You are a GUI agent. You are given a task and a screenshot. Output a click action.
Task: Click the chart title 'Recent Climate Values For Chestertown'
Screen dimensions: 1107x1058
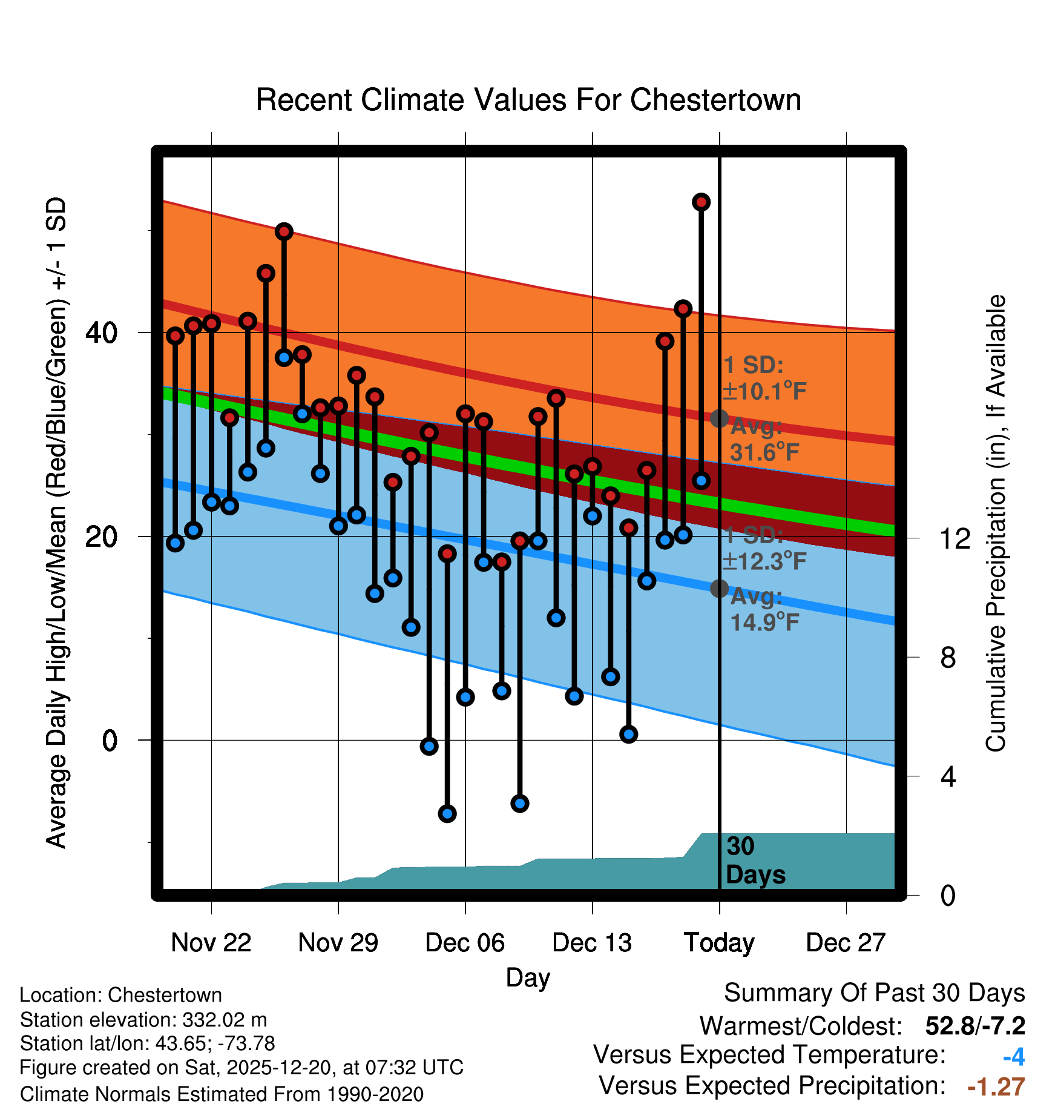[x=528, y=100]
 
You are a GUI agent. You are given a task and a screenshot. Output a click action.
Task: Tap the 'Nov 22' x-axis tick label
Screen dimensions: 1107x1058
[x=211, y=943]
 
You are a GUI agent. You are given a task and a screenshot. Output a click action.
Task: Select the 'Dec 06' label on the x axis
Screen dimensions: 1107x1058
[x=465, y=943]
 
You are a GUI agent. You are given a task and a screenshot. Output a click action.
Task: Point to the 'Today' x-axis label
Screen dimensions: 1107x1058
[x=719, y=943]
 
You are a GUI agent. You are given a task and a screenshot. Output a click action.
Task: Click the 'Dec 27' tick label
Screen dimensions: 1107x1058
[x=846, y=943]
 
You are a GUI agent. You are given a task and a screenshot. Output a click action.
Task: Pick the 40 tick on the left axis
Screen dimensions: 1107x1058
[x=102, y=332]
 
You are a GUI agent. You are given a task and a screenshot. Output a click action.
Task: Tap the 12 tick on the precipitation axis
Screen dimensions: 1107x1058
[x=955, y=538]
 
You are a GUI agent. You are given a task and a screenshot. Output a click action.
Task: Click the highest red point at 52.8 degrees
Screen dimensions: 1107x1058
[x=701, y=202]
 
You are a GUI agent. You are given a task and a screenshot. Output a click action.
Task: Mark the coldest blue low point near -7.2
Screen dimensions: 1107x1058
[x=447, y=813]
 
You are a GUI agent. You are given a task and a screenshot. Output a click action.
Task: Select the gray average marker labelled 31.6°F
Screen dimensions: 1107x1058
[x=719, y=418]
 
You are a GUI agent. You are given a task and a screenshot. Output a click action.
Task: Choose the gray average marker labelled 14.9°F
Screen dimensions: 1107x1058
[x=719, y=588]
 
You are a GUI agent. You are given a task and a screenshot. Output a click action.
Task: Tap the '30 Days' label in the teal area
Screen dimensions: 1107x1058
[x=755, y=861]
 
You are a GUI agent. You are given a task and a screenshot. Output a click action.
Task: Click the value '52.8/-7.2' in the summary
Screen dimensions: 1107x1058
[x=975, y=1026]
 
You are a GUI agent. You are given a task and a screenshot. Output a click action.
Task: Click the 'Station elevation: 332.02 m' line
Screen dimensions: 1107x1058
[x=143, y=1020]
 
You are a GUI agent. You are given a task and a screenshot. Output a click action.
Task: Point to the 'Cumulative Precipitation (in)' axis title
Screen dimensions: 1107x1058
[x=996, y=523]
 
